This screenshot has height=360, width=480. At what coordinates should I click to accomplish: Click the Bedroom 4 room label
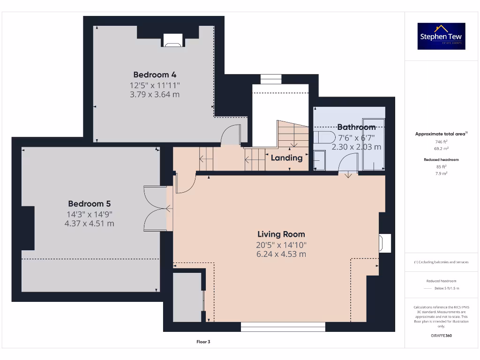[x=155, y=75]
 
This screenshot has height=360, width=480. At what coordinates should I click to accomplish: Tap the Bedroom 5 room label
[x=89, y=204]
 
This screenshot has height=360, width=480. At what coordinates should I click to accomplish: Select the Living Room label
[x=281, y=234]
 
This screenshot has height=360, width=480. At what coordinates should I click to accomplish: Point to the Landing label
[x=286, y=157]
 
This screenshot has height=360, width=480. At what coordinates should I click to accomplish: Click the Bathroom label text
[x=356, y=127]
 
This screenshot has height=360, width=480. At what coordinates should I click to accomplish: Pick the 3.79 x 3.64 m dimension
[x=155, y=94]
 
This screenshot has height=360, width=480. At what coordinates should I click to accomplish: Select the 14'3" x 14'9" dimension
[x=89, y=214]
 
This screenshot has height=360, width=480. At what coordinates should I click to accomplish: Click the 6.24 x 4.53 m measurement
[x=281, y=254]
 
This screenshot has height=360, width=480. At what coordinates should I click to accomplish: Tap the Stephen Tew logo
[x=441, y=36]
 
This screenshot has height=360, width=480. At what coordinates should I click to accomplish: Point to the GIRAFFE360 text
[x=441, y=336]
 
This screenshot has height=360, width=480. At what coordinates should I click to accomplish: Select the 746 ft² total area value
[x=441, y=142]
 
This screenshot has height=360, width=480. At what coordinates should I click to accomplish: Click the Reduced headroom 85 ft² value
[x=441, y=166]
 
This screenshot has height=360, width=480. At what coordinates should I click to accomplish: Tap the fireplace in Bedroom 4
[x=172, y=41]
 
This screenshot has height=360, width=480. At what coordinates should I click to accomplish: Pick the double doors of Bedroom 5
[x=156, y=208]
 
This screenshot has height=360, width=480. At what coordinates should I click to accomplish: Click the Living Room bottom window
[x=283, y=326]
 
